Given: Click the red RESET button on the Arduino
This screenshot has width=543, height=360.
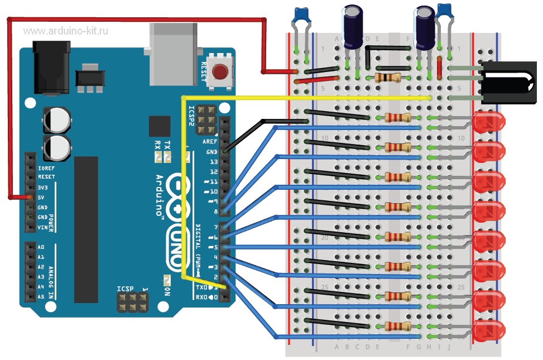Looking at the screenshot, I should pyautogui.click(x=220, y=72).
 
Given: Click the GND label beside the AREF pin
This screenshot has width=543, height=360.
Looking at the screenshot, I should pyautogui.click(x=212, y=152).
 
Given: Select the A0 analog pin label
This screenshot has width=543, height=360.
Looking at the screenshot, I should pyautogui.click(x=41, y=247).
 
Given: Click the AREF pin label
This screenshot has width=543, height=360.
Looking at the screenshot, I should pyautogui.click(x=210, y=142).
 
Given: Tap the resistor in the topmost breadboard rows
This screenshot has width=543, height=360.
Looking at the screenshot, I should pyautogui.click(x=388, y=78).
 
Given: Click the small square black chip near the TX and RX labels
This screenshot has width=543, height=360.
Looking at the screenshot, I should pyautogui.click(x=160, y=127).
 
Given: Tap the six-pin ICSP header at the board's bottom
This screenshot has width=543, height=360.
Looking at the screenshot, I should pyautogui.click(x=133, y=303).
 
